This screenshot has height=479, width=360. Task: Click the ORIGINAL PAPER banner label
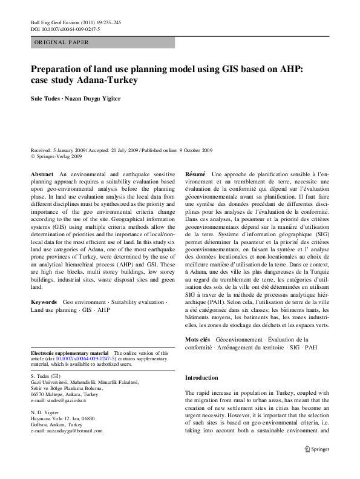click(x=62, y=43)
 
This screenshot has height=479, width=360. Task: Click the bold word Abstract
click(x=42, y=174)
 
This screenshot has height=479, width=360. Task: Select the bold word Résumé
click(x=195, y=174)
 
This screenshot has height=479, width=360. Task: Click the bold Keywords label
click(x=44, y=301)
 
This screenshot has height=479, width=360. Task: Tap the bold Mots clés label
click(x=197, y=340)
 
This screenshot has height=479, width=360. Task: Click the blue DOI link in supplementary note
click(x=83, y=358)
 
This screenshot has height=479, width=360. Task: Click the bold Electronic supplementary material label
click(x=70, y=352)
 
